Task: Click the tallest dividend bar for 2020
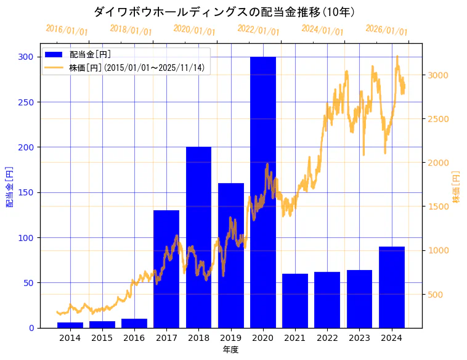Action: [263, 191]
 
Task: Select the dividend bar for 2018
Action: [198, 237]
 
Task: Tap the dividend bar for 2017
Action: [166, 269]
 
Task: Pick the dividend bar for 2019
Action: [231, 255]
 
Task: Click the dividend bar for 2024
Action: [392, 287]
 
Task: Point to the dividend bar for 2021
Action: [295, 301]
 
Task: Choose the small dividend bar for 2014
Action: [70, 325]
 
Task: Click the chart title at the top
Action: [224, 12]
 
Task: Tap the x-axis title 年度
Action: [230, 350]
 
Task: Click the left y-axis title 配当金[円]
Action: [10, 186]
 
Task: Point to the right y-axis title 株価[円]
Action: [457, 186]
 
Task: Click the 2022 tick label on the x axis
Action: [327, 338]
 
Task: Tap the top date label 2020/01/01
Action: [194, 30]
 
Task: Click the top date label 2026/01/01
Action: [386, 30]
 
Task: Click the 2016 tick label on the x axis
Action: [134, 338]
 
